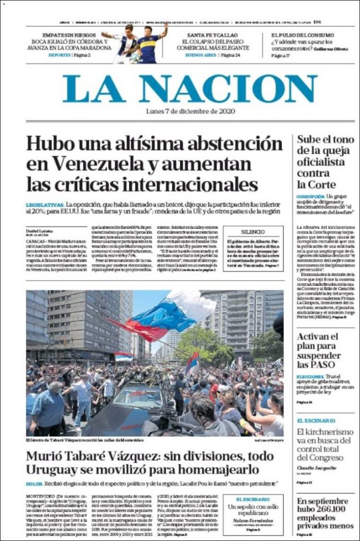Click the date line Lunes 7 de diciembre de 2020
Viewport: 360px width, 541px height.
(x=190, y=111)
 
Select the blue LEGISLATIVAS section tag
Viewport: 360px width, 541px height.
(x=44, y=204)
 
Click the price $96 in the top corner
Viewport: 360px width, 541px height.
(x=317, y=22)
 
